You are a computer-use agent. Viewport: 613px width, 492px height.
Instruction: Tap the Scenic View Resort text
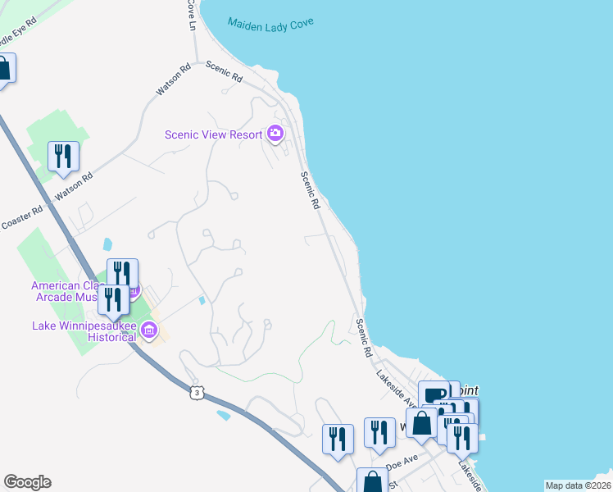tap(212, 135)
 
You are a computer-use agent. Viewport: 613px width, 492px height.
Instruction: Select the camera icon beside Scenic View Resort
tap(275, 134)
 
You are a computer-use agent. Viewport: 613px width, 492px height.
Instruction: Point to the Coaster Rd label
tap(22, 221)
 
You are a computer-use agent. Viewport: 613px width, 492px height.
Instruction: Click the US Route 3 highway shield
tap(195, 394)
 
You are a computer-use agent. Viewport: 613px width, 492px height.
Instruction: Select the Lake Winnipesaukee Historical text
tap(84, 331)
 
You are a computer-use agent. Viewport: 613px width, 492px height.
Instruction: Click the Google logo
tap(27, 482)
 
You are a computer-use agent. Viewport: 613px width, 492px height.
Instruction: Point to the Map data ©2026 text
tap(577, 485)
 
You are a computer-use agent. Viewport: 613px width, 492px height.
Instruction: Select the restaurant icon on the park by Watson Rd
tap(63, 157)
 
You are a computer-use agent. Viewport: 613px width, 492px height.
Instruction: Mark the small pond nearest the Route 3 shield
tap(224, 415)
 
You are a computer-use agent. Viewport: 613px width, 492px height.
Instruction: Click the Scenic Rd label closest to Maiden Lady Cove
tap(224, 72)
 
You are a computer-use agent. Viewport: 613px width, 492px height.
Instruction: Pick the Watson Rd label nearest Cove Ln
tap(173, 84)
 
